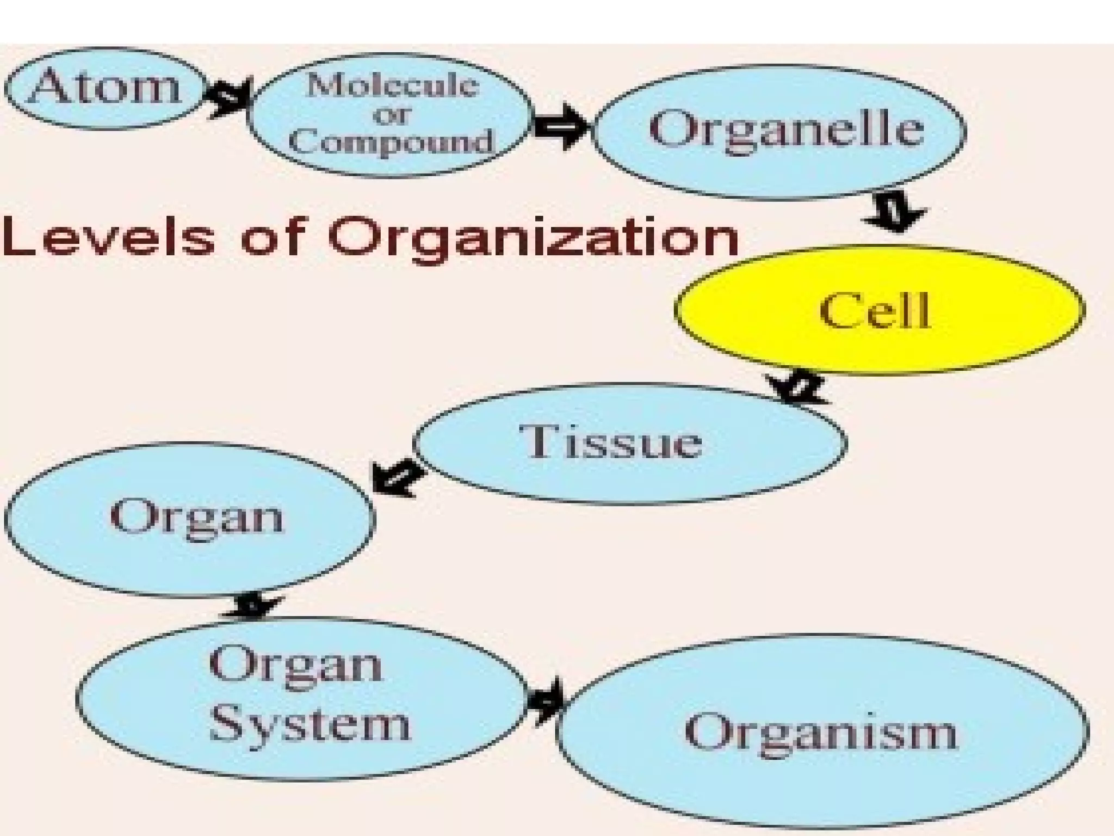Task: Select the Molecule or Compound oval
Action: tap(389, 114)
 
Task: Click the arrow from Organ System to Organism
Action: tap(545, 701)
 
